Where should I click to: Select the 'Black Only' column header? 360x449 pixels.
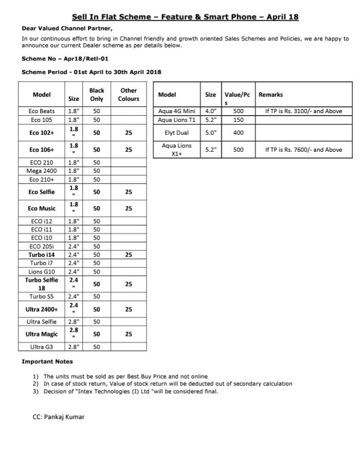point(97,95)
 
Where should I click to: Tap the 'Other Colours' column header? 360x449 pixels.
point(129,95)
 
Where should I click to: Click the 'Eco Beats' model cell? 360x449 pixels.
point(42,111)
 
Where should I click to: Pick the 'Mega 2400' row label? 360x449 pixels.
point(42,171)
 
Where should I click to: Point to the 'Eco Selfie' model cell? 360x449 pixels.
point(42,192)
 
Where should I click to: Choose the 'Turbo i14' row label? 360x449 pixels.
point(42,255)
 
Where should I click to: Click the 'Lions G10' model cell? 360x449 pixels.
point(42,272)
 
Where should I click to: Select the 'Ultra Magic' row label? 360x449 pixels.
point(42,334)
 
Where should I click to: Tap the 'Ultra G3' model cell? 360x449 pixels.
point(42,347)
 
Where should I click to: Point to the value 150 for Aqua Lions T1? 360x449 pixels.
point(238,120)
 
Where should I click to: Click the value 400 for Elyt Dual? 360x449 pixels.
point(238,133)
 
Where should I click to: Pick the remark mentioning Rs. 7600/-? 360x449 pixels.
point(303,150)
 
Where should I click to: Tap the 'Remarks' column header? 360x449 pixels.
point(271,95)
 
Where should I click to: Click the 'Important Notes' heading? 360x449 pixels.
point(47,362)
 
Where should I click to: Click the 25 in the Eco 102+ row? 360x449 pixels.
point(129,133)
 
